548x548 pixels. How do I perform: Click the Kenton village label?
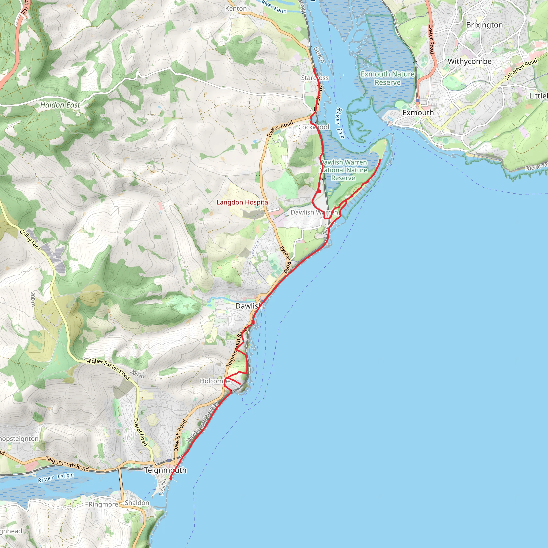click(236, 9)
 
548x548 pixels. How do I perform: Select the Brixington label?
click(484, 25)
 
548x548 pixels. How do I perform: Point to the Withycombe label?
click(469, 61)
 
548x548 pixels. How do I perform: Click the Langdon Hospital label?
click(243, 202)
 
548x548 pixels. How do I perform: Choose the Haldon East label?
click(60, 105)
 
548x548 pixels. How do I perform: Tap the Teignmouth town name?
click(165, 470)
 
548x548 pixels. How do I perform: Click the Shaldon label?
click(137, 503)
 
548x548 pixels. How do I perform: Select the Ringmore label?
click(103, 504)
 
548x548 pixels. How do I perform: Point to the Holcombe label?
click(215, 381)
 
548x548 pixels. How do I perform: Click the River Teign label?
click(56, 478)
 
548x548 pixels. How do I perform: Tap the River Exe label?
click(340, 123)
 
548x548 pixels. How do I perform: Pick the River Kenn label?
click(274, 6)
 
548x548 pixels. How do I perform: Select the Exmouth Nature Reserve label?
click(387, 78)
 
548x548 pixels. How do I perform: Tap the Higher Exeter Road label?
click(108, 369)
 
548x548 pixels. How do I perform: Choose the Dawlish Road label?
click(180, 435)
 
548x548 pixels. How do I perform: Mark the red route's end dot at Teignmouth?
click(170, 478)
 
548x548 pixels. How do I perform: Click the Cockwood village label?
click(313, 127)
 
